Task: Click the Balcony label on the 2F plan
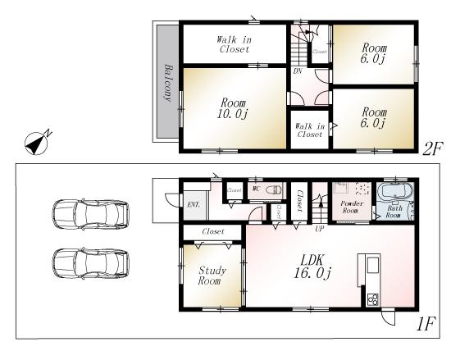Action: coord(167,83)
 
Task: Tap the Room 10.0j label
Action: coord(234,108)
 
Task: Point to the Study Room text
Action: coord(212,275)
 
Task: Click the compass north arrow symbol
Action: coord(38,143)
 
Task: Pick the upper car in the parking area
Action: coord(90,214)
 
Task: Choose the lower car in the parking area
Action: coord(90,264)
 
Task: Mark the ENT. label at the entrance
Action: coord(194,203)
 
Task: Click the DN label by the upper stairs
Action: coord(296,71)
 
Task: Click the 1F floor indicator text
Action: coord(424,325)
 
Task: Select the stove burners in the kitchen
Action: coord(371,299)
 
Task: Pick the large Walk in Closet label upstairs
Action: coord(234,43)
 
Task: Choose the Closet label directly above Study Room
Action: coord(212,232)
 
